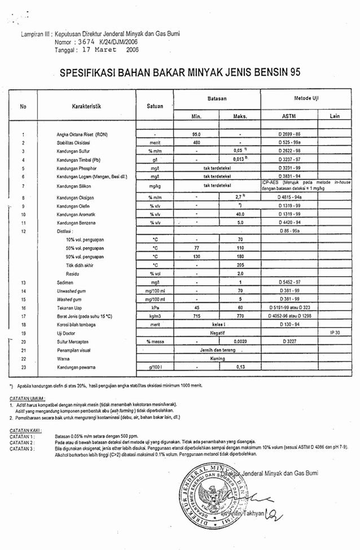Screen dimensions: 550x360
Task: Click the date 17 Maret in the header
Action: (98, 50)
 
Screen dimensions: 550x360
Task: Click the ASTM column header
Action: (288, 116)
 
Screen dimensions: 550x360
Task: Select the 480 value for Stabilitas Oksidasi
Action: (196, 143)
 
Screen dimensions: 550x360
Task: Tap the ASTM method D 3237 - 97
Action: (288, 160)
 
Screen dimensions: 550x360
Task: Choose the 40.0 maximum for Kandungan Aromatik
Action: (240, 215)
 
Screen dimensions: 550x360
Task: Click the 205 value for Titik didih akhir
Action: (240, 264)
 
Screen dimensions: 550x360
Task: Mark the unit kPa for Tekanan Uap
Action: (153, 308)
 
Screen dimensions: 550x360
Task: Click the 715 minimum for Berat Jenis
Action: (196, 316)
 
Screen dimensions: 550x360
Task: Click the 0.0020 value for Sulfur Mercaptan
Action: (240, 342)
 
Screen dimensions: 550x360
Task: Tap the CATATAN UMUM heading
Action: (28, 399)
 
